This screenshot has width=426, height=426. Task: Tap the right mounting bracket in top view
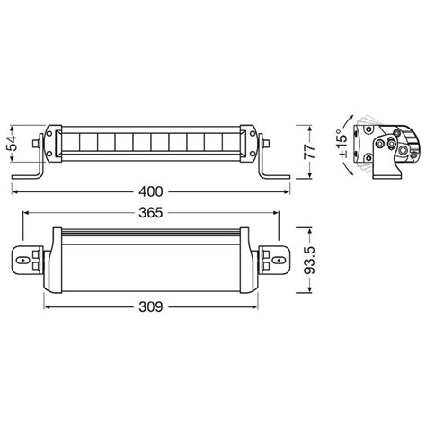coord(271,259)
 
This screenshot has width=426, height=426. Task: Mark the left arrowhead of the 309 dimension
coord(45,306)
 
